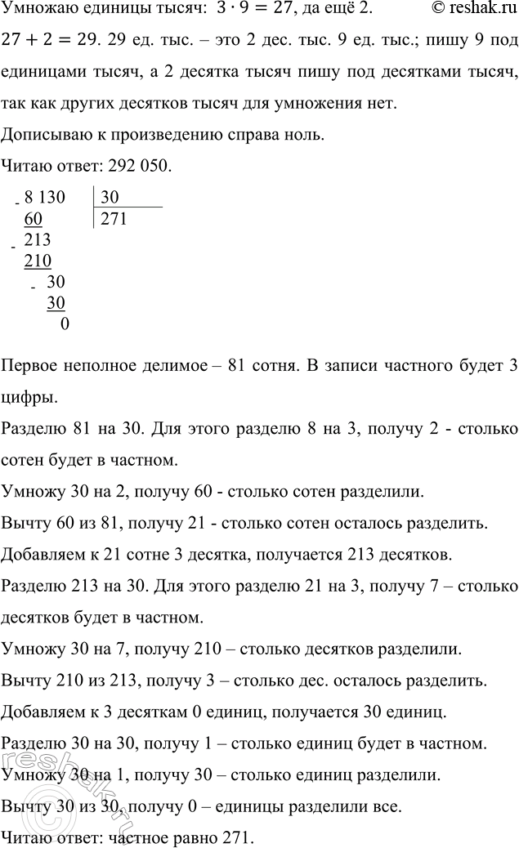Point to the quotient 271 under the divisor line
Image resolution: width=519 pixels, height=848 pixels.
click(114, 218)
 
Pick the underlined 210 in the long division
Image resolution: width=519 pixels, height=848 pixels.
click(38, 261)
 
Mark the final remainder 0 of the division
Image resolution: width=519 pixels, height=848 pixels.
click(65, 324)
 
